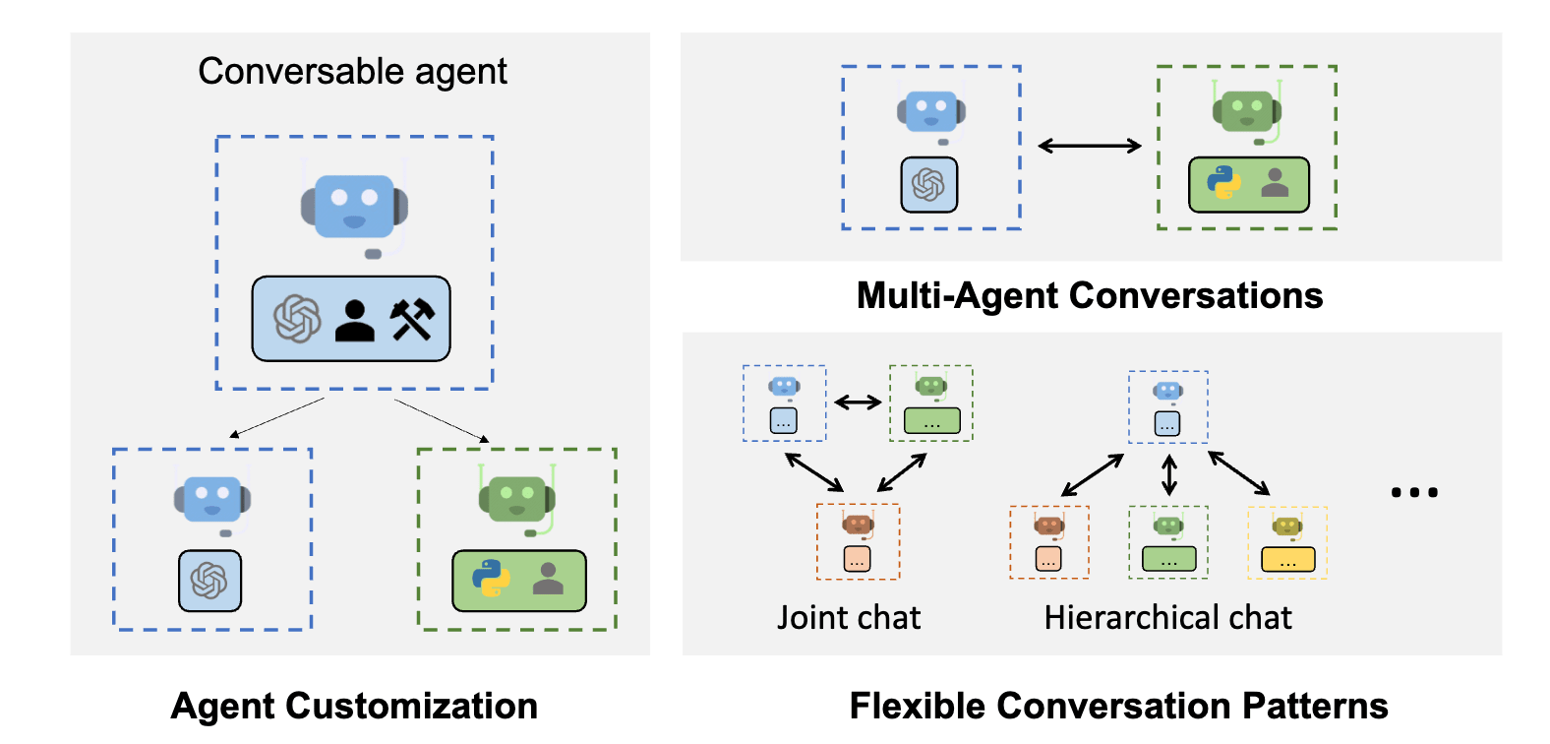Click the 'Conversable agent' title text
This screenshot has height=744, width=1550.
352,72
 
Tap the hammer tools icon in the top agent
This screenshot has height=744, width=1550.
412,320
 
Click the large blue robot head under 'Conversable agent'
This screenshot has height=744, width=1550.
354,207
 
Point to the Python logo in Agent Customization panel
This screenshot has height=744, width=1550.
491,579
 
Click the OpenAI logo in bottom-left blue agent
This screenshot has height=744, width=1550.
209,581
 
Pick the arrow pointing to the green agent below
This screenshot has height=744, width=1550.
442,420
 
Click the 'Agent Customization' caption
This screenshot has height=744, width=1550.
354,706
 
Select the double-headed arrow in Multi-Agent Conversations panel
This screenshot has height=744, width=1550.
1090,147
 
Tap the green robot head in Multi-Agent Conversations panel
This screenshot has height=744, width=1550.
1246,110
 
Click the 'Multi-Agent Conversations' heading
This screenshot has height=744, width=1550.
1090,295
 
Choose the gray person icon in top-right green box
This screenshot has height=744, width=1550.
1275,183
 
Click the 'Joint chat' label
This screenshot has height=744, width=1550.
849,617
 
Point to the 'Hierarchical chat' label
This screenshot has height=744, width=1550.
1167,617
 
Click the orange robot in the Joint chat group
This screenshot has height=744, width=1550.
858,525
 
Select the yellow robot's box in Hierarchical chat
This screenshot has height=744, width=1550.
1287,560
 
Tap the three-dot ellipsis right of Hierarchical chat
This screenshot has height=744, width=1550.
1413,492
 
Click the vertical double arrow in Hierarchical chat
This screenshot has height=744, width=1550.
1168,475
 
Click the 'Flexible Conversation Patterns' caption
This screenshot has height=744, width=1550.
1118,706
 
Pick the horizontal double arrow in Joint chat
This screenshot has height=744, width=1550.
858,402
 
